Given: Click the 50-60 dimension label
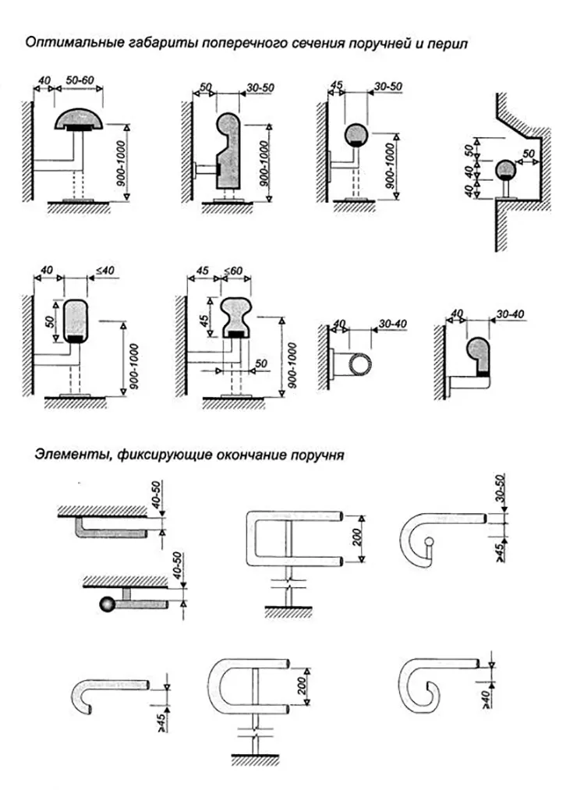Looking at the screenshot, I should click(x=80, y=80).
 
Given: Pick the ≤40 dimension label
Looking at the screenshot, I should click(x=105, y=271).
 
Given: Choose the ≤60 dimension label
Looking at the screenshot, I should click(x=234, y=271).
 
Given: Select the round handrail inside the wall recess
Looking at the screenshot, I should click(x=505, y=168).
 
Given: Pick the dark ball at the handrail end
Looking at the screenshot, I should click(x=105, y=604).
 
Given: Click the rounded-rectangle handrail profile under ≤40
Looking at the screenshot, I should click(x=76, y=320).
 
